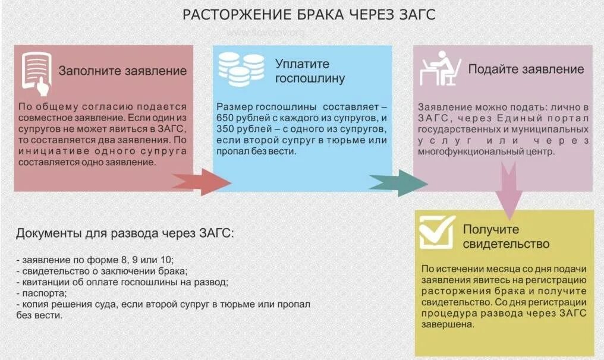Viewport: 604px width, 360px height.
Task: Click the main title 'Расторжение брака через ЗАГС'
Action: click(309, 15)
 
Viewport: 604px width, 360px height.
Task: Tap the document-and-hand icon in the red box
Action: click(36, 72)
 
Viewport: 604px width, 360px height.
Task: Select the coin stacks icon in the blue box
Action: click(241, 70)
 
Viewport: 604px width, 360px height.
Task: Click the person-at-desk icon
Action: click(441, 68)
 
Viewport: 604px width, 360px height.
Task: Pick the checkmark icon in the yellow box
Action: click(437, 232)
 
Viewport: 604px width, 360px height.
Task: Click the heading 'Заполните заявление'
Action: click(122, 71)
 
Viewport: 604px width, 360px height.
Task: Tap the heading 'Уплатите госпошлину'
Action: click(310, 71)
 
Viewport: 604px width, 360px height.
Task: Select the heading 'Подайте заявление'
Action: click(526, 69)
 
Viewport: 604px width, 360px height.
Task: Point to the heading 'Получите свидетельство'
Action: click(505, 236)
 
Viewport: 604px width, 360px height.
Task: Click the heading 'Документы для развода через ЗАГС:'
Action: click(125, 232)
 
